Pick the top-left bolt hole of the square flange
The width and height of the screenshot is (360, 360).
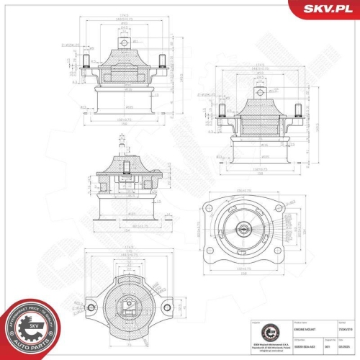(x=210, y=209)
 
